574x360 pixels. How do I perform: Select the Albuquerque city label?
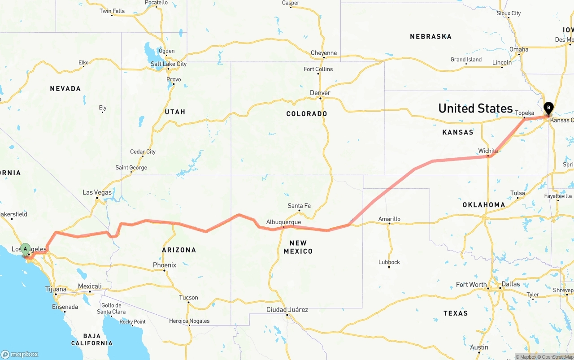(283, 222)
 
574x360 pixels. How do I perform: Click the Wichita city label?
(488, 151)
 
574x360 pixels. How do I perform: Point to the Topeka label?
(525, 113)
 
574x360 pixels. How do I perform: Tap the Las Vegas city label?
(97, 192)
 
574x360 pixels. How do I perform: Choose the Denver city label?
(320, 93)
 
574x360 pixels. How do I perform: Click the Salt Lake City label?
(169, 64)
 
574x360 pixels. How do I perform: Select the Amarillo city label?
(389, 219)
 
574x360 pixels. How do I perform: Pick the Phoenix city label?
(165, 265)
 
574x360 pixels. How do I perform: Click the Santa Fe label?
(299, 206)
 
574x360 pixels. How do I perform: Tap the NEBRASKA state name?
(430, 36)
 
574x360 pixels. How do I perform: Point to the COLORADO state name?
(307, 114)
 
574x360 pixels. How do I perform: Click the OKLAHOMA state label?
(484, 205)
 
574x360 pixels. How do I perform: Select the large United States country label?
(475, 108)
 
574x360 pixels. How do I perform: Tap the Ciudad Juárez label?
(287, 309)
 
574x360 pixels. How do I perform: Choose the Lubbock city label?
(389, 262)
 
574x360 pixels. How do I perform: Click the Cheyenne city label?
(324, 53)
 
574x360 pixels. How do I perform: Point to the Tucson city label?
(188, 297)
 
